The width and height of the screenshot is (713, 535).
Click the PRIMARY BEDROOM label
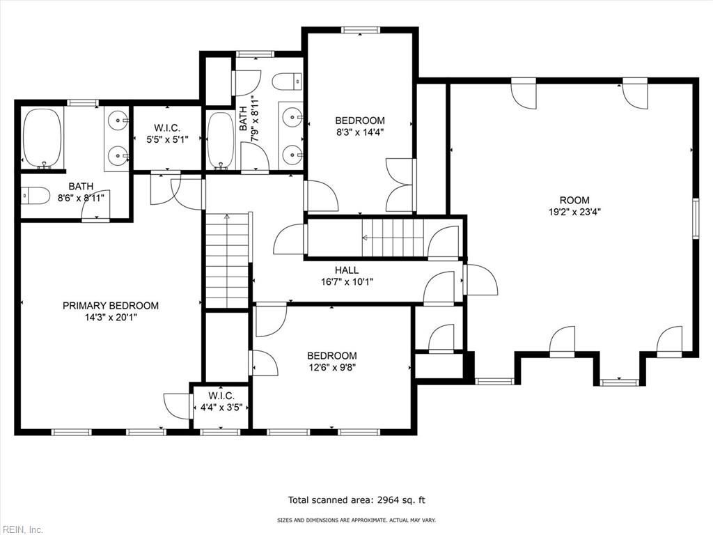(x=111, y=305)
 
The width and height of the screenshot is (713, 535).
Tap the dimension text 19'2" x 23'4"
(x=574, y=212)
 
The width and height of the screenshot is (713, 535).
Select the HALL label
(x=347, y=270)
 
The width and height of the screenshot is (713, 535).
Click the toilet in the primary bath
(x=36, y=196)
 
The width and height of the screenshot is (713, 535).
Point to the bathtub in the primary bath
(x=42, y=137)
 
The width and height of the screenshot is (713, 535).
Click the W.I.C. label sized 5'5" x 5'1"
(x=167, y=128)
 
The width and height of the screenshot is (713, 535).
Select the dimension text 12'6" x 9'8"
(x=332, y=367)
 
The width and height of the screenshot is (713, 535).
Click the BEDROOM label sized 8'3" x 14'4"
(x=359, y=120)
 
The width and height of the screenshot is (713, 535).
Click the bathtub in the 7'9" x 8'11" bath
(x=221, y=139)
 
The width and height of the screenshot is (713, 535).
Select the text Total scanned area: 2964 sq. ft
(x=356, y=499)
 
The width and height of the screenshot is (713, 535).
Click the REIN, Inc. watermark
(x=22, y=529)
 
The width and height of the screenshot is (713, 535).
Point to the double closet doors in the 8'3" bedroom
(x=400, y=185)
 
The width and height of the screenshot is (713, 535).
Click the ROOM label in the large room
(x=574, y=200)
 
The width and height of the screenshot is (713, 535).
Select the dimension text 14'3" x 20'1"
(x=111, y=317)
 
